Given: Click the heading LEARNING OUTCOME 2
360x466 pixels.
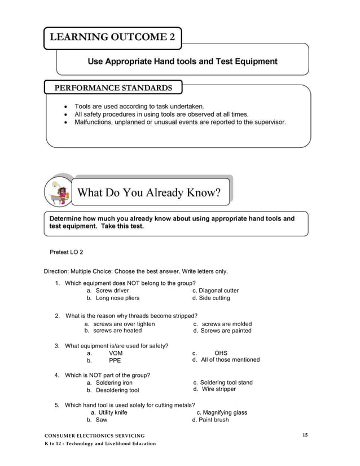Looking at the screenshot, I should tap(112, 38).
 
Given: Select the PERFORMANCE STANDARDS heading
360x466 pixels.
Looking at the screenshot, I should tap(113, 88).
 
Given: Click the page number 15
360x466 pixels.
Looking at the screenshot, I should tap(305, 434).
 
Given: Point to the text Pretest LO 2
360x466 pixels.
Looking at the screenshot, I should tap(67, 252).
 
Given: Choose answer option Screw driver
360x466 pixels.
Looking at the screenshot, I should tap(112, 291).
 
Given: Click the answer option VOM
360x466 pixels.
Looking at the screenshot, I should tap(116, 353).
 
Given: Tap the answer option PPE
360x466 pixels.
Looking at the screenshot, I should tap(115, 361).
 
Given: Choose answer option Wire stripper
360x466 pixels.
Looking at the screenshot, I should tap(218, 389).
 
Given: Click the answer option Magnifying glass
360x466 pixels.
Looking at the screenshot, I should tap(225, 412).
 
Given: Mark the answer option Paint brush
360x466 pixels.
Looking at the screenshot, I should tap(214, 420).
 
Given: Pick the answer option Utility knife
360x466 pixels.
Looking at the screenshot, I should tap(113, 412).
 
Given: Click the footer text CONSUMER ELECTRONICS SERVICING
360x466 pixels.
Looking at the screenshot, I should tap(95, 436).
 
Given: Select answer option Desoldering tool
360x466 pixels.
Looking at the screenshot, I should tap(117, 390).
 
